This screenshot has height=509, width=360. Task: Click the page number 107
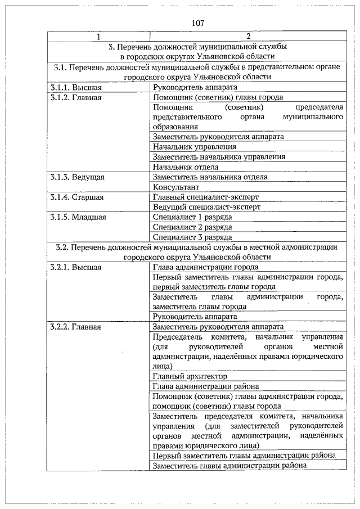[x=197, y=24]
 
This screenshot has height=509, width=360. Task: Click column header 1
[x=99, y=38]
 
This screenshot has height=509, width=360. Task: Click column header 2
[x=247, y=38]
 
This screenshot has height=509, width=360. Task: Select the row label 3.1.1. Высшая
[x=76, y=87]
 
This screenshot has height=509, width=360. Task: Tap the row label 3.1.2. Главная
[x=75, y=97]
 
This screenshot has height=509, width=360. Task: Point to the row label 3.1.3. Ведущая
[x=77, y=177]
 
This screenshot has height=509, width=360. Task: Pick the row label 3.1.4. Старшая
[x=76, y=197]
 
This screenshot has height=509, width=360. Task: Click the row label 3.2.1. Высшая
[x=76, y=267]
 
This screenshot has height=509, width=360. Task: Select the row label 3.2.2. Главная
[x=75, y=327]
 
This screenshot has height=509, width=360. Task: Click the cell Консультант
[x=176, y=187]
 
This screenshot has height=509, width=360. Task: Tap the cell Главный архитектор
[x=190, y=376]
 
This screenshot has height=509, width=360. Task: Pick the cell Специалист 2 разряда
[x=192, y=227]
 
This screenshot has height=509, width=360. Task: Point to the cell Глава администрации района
[x=206, y=386]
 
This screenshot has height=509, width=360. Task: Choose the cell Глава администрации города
[x=206, y=267]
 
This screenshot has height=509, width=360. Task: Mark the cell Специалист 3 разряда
[x=192, y=237]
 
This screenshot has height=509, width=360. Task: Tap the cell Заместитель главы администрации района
[x=230, y=466]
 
